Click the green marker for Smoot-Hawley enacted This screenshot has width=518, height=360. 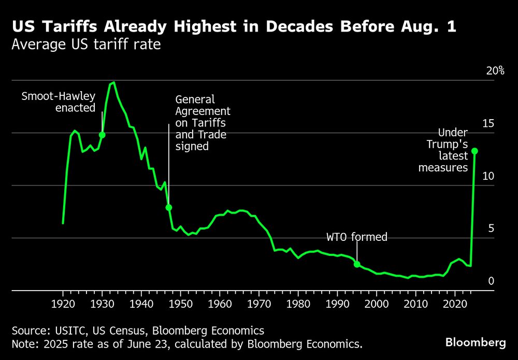click(102, 135)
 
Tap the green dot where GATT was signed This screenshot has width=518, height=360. click(168, 208)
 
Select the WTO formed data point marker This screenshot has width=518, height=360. click(357, 264)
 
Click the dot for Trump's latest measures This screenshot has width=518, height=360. click(474, 151)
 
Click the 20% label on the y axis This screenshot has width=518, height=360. click(495, 71)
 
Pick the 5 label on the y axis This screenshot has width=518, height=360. click(491, 228)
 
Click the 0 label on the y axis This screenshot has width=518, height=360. click(491, 281)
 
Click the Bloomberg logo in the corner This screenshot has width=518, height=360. click(476, 342)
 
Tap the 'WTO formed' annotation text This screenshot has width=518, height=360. click(357, 237)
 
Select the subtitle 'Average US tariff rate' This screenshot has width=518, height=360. click(86, 45)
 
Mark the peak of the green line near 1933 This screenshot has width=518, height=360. click(113, 82)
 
